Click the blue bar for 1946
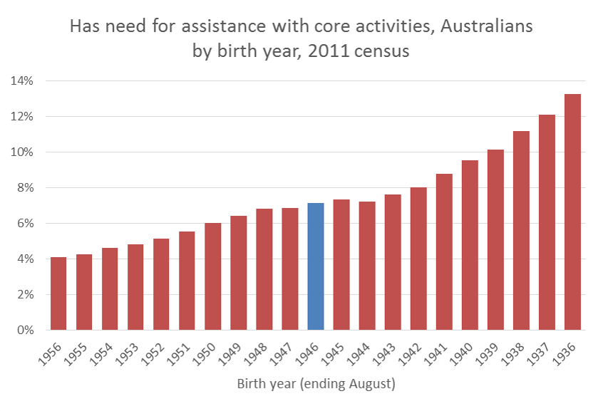(x=316, y=266)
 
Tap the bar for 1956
(x=58, y=293)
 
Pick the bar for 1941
(x=444, y=252)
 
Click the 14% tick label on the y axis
(x=22, y=80)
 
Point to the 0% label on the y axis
(x=25, y=330)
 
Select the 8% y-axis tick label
(x=25, y=187)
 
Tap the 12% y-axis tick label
(x=22, y=116)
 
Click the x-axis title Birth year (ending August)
(x=316, y=385)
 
